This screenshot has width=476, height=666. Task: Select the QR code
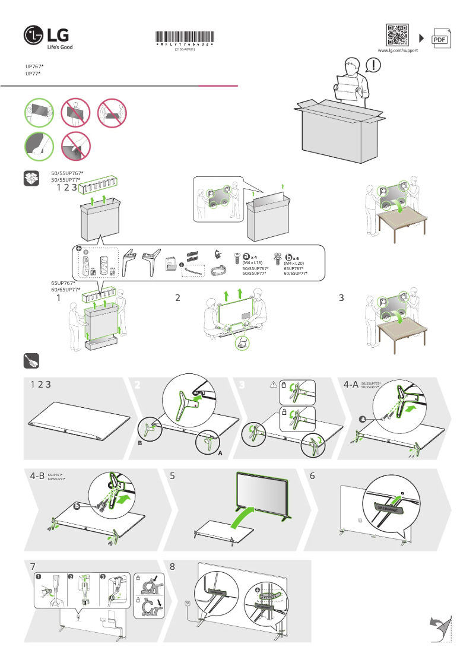pos(398,35)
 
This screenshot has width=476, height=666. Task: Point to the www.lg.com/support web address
pos(398,51)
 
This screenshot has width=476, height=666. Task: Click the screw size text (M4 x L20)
pos(294,263)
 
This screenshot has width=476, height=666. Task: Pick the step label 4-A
pos(351,385)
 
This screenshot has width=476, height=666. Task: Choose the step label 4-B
pos(37,476)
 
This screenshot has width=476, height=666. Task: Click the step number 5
pos(172,476)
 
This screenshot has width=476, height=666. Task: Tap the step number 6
pos(312,476)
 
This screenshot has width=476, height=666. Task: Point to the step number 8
pos(172,567)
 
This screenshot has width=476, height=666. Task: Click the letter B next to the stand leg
pos(141,443)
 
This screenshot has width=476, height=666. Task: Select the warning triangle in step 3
pos(274,385)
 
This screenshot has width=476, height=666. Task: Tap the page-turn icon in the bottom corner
pos(440,628)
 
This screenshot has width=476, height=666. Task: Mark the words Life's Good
pos(60,47)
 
